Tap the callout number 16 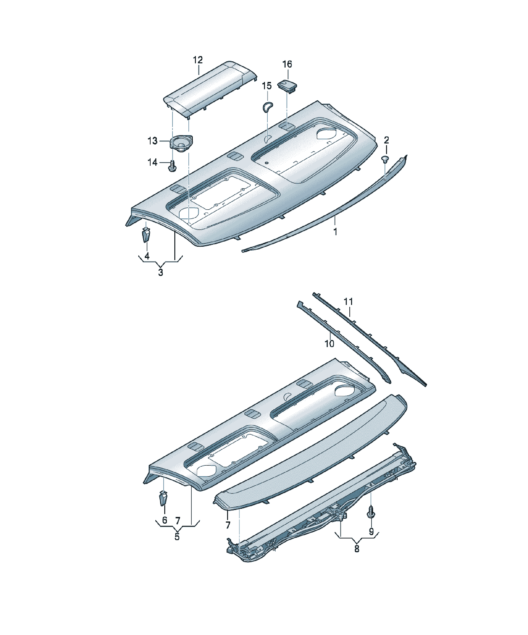287,64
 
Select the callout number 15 267,86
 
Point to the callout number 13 153,141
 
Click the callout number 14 153,163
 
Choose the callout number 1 335,232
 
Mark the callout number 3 160,272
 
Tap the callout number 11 348,302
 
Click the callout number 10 329,344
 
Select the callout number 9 371,531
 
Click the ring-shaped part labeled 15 267,107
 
